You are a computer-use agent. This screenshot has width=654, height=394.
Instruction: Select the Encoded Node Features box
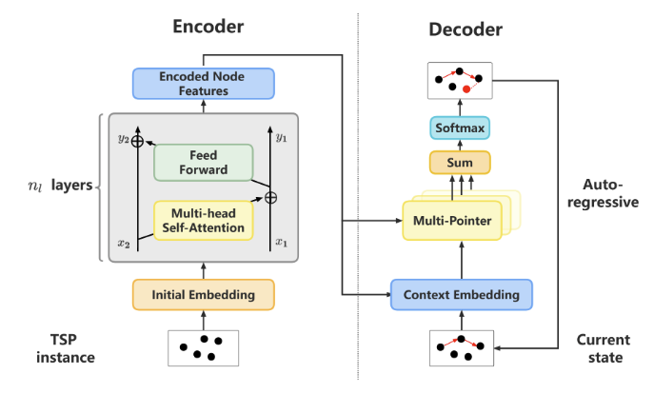(202, 84)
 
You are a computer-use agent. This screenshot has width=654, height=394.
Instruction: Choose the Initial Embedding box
(202, 294)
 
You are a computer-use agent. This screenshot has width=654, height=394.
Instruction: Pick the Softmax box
(460, 127)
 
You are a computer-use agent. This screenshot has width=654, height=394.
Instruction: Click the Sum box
(461, 163)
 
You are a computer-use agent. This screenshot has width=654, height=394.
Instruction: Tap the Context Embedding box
(461, 294)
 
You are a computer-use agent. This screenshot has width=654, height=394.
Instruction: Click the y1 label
(280, 138)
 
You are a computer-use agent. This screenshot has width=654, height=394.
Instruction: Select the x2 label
(124, 243)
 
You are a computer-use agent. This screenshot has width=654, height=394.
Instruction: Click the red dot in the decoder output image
(466, 89)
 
